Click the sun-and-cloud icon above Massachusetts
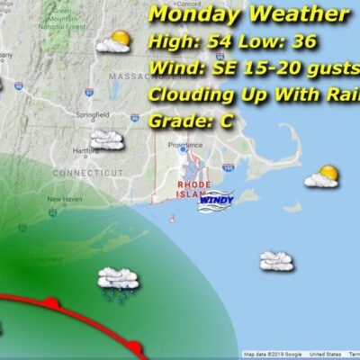[x=115, y=41]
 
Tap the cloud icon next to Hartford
[x=106, y=139]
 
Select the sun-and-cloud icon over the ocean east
[x=321, y=176]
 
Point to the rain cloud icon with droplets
[x=117, y=281]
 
